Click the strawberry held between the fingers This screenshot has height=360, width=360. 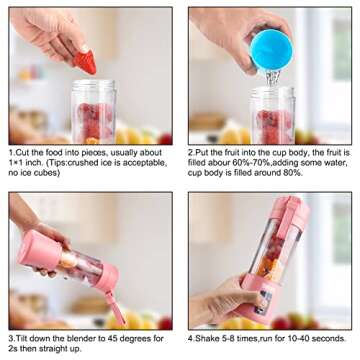click(87, 62)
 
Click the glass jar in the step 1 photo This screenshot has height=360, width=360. click(93, 112)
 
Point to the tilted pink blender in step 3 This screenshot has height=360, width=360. click(70, 264)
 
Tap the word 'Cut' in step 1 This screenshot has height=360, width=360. click(23, 153)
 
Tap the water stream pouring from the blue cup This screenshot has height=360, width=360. click(271, 75)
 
